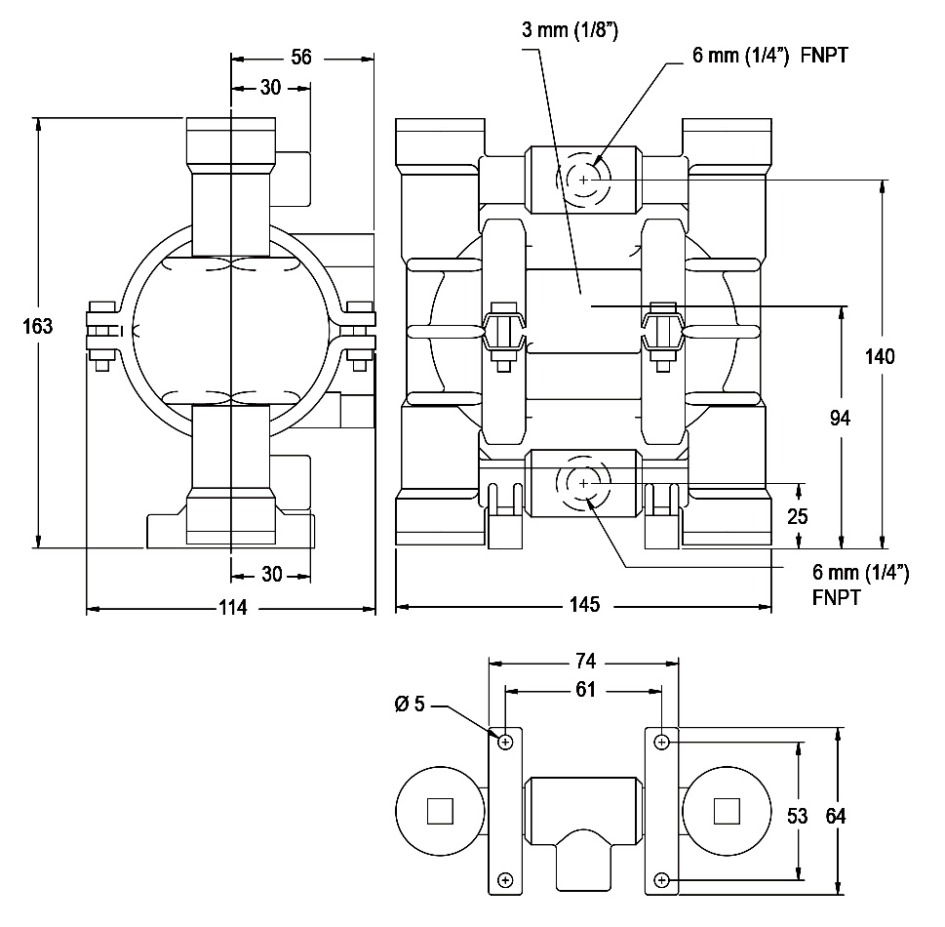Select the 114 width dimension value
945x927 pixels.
click(232, 608)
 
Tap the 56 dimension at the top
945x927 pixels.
click(301, 58)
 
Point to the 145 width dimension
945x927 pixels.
click(583, 606)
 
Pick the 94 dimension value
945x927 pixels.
click(841, 419)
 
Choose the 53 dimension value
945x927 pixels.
click(798, 816)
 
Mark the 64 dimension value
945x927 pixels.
click(836, 816)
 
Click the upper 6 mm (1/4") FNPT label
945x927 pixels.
click(769, 56)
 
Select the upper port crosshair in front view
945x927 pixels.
click(583, 180)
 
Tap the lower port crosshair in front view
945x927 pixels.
click(583, 483)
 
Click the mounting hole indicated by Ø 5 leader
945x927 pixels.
click(505, 743)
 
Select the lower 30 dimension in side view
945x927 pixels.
click(272, 575)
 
